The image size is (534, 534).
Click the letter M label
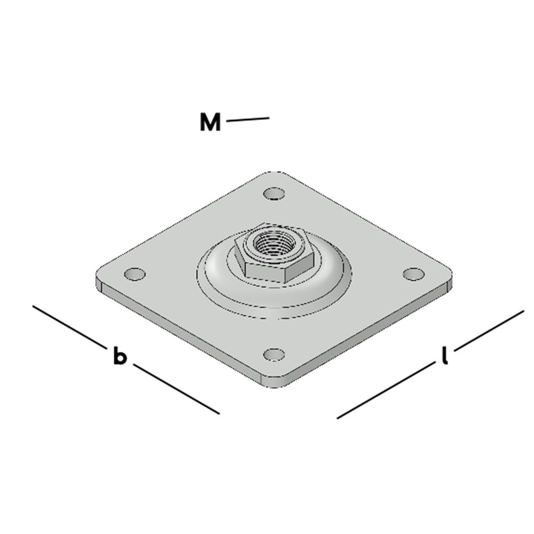point(210,122)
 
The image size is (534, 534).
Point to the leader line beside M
point(248,120)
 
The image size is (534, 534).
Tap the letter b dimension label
point(120,356)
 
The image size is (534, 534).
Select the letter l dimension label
point(444,356)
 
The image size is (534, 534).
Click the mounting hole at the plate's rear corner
point(274,192)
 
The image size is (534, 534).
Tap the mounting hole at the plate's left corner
point(135,274)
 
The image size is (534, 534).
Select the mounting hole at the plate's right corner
point(413,273)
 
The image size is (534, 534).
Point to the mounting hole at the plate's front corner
point(274,354)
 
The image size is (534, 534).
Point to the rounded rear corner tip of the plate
point(274,173)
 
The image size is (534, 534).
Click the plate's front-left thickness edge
point(182,333)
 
